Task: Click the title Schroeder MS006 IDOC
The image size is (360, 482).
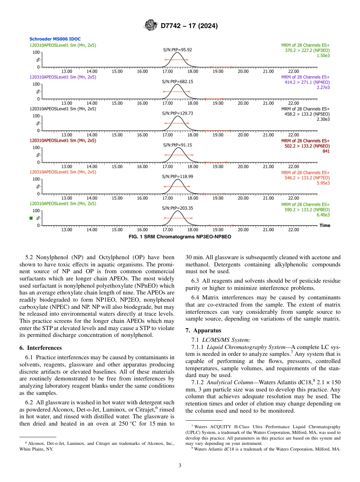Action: pos(55,39)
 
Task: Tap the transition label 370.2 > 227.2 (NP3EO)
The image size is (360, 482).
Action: pos(307,50)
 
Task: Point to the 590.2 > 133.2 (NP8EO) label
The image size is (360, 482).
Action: pos(307,210)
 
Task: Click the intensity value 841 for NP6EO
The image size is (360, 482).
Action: pos(326,151)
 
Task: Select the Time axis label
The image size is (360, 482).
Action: pos(325,225)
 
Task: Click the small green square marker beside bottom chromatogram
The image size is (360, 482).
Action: pos(31,218)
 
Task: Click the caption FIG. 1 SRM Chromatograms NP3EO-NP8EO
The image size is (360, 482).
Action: pos(180,236)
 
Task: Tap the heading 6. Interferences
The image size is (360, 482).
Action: pos(40,347)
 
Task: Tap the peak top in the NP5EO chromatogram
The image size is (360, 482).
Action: pos(177,116)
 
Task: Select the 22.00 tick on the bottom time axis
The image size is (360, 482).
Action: pos(293,230)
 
